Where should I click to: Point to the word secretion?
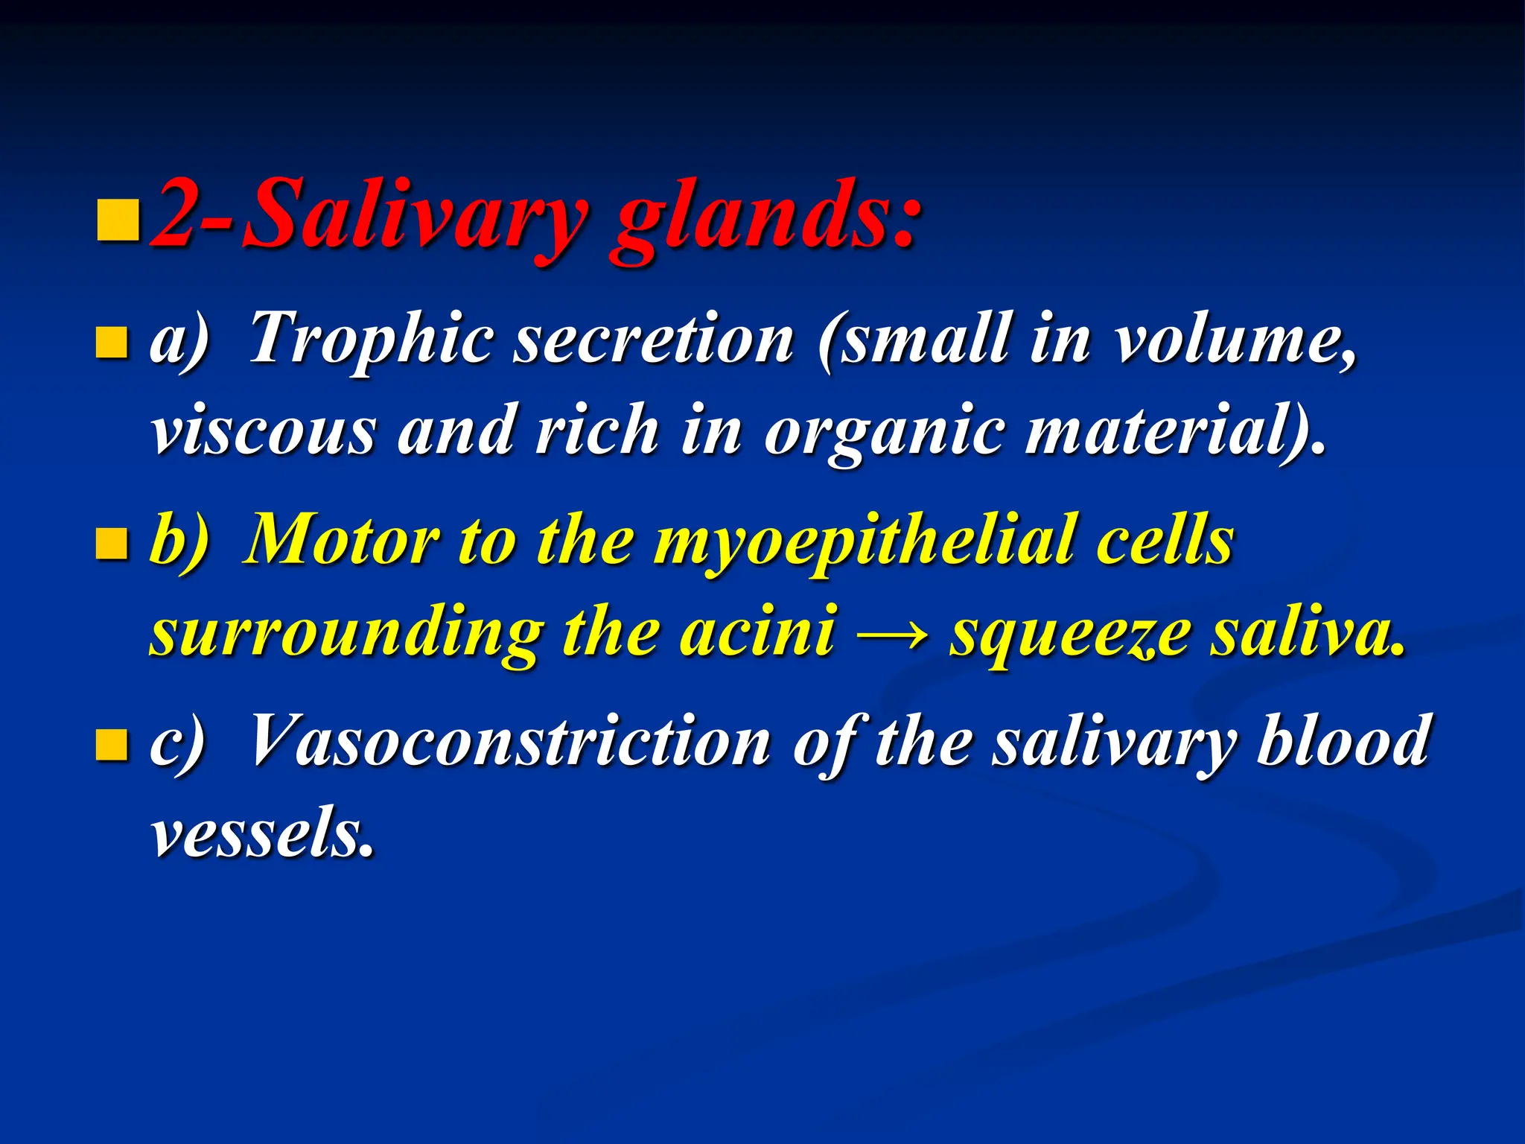point(655,340)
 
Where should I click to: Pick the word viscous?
point(264,432)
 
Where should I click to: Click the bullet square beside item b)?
point(112,544)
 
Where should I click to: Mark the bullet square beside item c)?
point(112,745)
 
